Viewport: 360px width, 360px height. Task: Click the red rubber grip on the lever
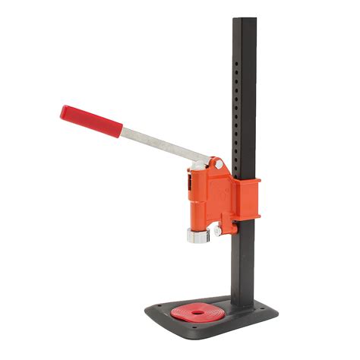coord(90,122)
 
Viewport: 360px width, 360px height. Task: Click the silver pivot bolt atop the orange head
coord(219,163)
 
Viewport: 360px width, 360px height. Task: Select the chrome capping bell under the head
coord(196,235)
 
